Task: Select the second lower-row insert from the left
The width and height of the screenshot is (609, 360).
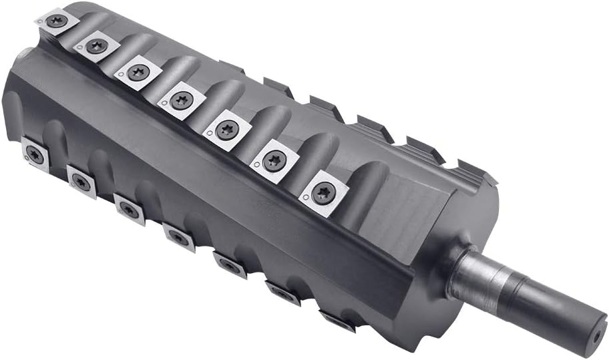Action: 81,179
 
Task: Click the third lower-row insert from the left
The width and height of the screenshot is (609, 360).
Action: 129,208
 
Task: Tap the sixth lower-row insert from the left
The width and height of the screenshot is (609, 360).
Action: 283,293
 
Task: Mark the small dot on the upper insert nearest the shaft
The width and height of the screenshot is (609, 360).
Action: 305,199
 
